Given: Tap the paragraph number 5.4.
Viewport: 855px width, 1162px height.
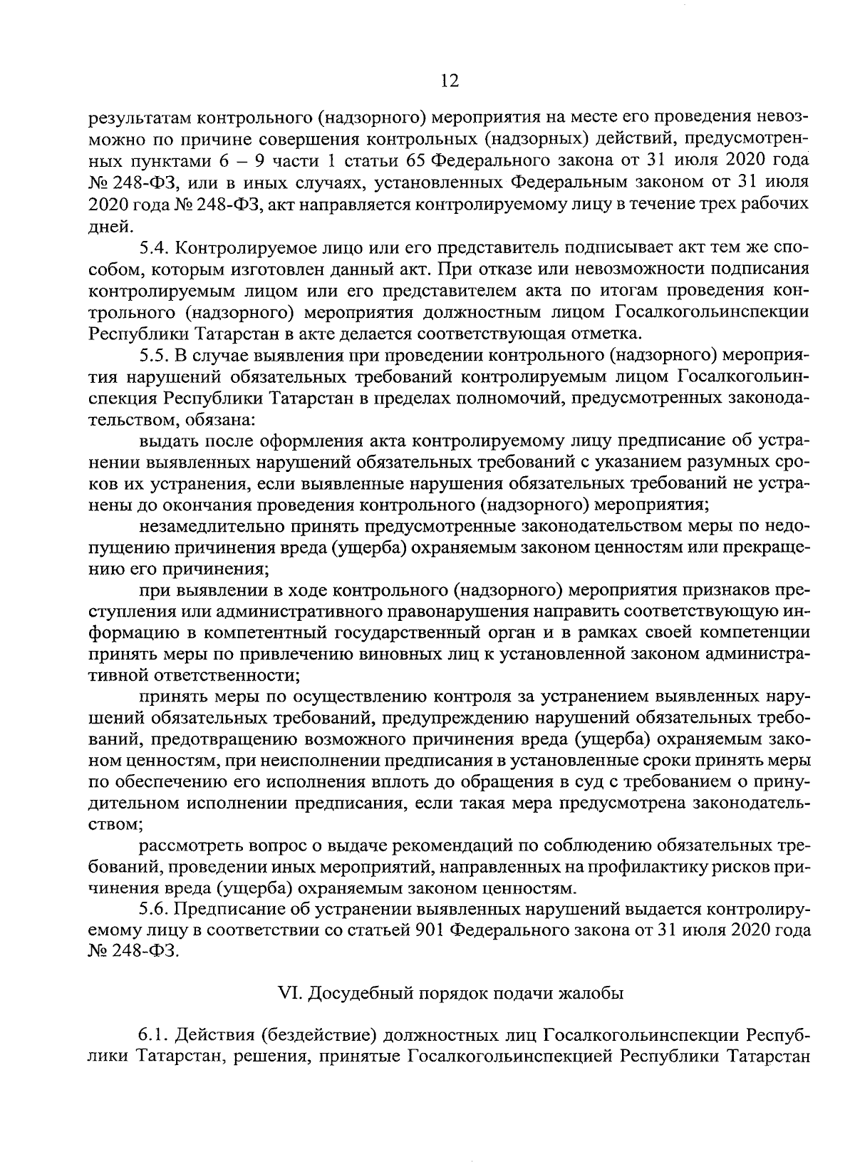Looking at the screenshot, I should pyautogui.click(x=153, y=249).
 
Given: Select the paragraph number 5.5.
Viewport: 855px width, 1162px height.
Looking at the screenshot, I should pyautogui.click(x=153, y=354).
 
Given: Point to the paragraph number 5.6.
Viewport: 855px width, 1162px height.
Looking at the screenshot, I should pyautogui.click(x=153, y=909).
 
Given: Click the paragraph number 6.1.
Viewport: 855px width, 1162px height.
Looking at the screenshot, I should pyautogui.click(x=153, y=1034).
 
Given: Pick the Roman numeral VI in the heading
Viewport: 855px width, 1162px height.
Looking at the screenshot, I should pyautogui.click(x=286, y=992).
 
